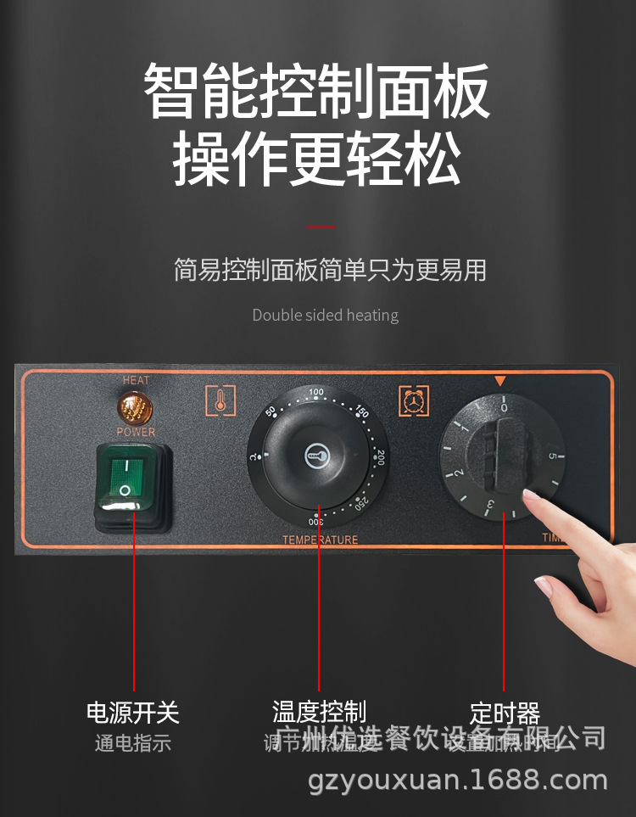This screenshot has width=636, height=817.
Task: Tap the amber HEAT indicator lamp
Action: [134, 409]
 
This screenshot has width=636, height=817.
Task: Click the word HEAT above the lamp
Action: [136, 381]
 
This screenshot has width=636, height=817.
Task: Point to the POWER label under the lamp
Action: [136, 432]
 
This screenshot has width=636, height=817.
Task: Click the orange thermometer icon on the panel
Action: [220, 400]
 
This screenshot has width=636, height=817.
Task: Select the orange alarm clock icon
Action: [414, 400]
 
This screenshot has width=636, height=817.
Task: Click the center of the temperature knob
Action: [317, 456]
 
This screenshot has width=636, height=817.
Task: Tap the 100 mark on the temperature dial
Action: [317, 392]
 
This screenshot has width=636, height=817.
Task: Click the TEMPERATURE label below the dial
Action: [320, 540]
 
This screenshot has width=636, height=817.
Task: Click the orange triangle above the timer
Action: [501, 382]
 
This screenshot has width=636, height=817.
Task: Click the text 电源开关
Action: [133, 712]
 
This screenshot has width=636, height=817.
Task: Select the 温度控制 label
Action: [319, 711]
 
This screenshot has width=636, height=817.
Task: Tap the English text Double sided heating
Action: [325, 315]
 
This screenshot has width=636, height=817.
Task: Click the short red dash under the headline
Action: [320, 227]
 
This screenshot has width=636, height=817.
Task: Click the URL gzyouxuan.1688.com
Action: [458, 780]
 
